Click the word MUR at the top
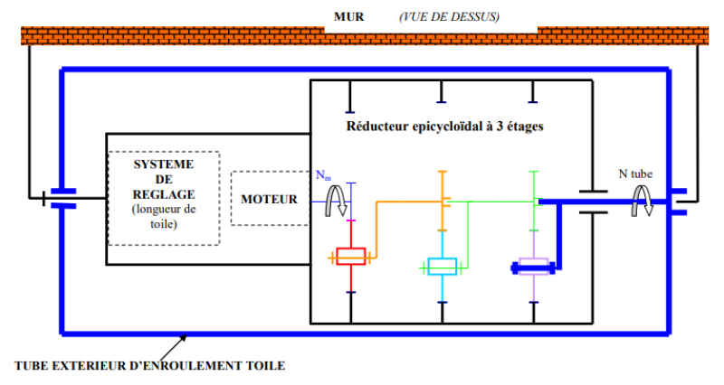tap(348, 17)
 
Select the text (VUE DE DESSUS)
tap(449, 17)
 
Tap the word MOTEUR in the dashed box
tap(269, 199)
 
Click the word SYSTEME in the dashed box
tap(164, 164)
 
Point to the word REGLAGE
tap(164, 194)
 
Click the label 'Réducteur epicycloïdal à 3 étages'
tap(444, 127)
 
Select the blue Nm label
tap(323, 175)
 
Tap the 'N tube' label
tap(635, 174)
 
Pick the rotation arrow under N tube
tap(643, 201)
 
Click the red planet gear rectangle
tap(351, 257)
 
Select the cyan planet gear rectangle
tap(443, 267)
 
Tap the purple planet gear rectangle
tap(534, 267)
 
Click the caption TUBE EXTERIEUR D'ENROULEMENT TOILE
tap(150, 366)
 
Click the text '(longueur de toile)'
tap(165, 217)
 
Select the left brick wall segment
tap(173, 36)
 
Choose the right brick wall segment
tap(623, 36)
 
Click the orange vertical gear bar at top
tap(443, 201)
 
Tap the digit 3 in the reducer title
tap(500, 127)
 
